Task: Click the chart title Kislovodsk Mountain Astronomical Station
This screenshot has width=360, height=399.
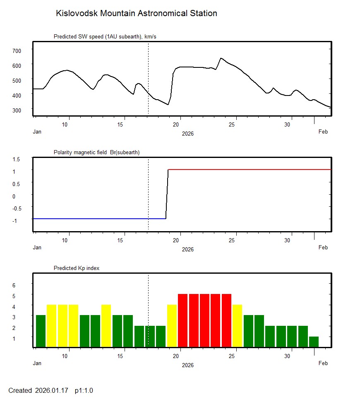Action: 136,13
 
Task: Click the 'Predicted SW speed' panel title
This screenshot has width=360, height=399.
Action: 105,37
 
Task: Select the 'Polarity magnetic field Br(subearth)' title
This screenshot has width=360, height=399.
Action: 96,152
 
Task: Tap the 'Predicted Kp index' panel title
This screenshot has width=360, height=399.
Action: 77,268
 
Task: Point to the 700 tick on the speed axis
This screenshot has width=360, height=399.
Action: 16,50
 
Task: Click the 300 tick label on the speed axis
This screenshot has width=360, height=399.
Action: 16,110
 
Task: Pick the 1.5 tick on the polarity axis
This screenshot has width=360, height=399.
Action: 16,159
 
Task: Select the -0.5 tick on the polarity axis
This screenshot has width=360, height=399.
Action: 16,208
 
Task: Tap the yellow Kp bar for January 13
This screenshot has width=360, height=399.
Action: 106,326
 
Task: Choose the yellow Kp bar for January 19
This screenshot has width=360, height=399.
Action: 172,326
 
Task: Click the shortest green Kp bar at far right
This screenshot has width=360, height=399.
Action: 314,342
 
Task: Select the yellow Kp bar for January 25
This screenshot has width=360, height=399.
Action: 237,326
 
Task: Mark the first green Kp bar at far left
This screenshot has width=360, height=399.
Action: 41,331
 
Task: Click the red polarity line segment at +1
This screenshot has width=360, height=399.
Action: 248,170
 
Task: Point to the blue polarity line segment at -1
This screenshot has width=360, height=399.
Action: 99,218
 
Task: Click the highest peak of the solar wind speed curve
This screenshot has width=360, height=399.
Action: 221,58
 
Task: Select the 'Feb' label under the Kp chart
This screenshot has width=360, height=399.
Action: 323,363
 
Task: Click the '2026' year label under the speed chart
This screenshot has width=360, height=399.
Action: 187,134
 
